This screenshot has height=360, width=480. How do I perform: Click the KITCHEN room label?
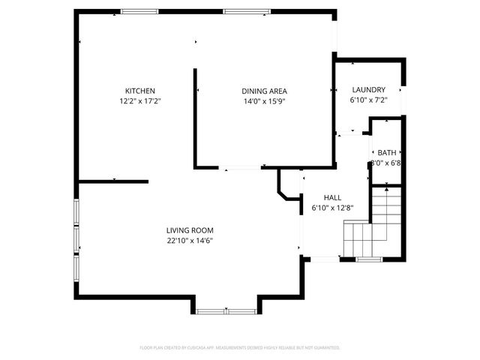(140, 91)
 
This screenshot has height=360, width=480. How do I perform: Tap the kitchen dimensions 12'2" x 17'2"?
(140, 100)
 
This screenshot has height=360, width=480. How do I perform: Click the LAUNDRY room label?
(368, 89)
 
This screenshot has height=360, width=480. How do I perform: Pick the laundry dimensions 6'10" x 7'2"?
(368, 99)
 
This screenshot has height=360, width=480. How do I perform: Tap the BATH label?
(387, 152)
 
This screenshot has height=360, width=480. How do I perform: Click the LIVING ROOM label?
(190, 230)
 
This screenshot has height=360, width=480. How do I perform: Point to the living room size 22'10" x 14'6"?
(190, 241)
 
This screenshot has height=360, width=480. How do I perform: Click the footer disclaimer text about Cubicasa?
(240, 348)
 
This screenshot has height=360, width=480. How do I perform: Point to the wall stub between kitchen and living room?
(113, 181)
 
